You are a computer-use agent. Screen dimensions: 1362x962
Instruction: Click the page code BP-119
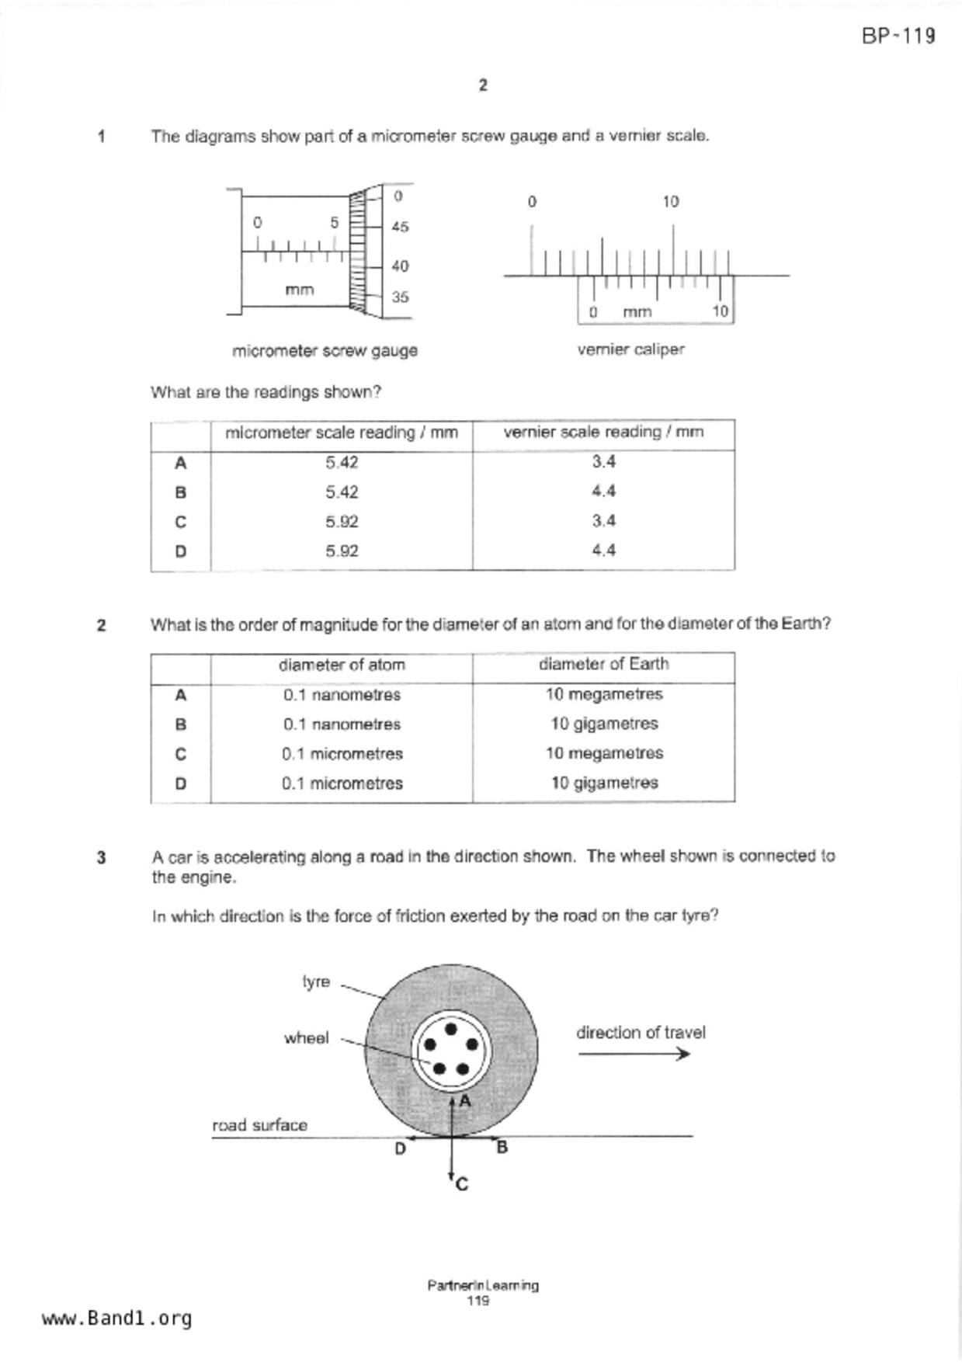(898, 36)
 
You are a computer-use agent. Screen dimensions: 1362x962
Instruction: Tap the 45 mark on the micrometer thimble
(400, 228)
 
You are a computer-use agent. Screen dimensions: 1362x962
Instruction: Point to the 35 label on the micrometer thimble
(400, 297)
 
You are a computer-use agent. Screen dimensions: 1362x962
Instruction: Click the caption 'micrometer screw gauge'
(325, 351)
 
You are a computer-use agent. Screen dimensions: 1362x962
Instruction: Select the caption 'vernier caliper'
(630, 350)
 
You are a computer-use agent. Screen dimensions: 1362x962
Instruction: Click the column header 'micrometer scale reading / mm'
(342, 433)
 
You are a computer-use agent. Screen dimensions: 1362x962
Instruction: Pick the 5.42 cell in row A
(342, 463)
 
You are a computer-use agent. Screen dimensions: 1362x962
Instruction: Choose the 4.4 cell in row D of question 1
(603, 551)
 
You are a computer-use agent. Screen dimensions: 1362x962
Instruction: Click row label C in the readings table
(180, 522)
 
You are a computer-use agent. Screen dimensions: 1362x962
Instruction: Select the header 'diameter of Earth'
(603, 665)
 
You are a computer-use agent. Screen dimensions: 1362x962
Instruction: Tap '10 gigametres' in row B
(604, 724)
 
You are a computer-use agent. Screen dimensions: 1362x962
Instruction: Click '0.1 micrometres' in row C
(342, 754)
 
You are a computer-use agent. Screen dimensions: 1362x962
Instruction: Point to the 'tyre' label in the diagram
(316, 982)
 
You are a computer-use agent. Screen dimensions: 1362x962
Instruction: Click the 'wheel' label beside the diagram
(306, 1038)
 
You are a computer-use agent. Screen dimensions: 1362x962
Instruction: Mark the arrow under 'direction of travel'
(634, 1054)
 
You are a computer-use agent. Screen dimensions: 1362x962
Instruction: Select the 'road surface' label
(259, 1125)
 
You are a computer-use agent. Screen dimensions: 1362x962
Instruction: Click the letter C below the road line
(462, 1185)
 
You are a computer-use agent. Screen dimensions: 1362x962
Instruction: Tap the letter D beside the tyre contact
(400, 1149)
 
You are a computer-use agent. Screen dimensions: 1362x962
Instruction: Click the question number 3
(101, 858)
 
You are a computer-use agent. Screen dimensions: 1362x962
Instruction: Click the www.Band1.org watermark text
(116, 1319)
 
